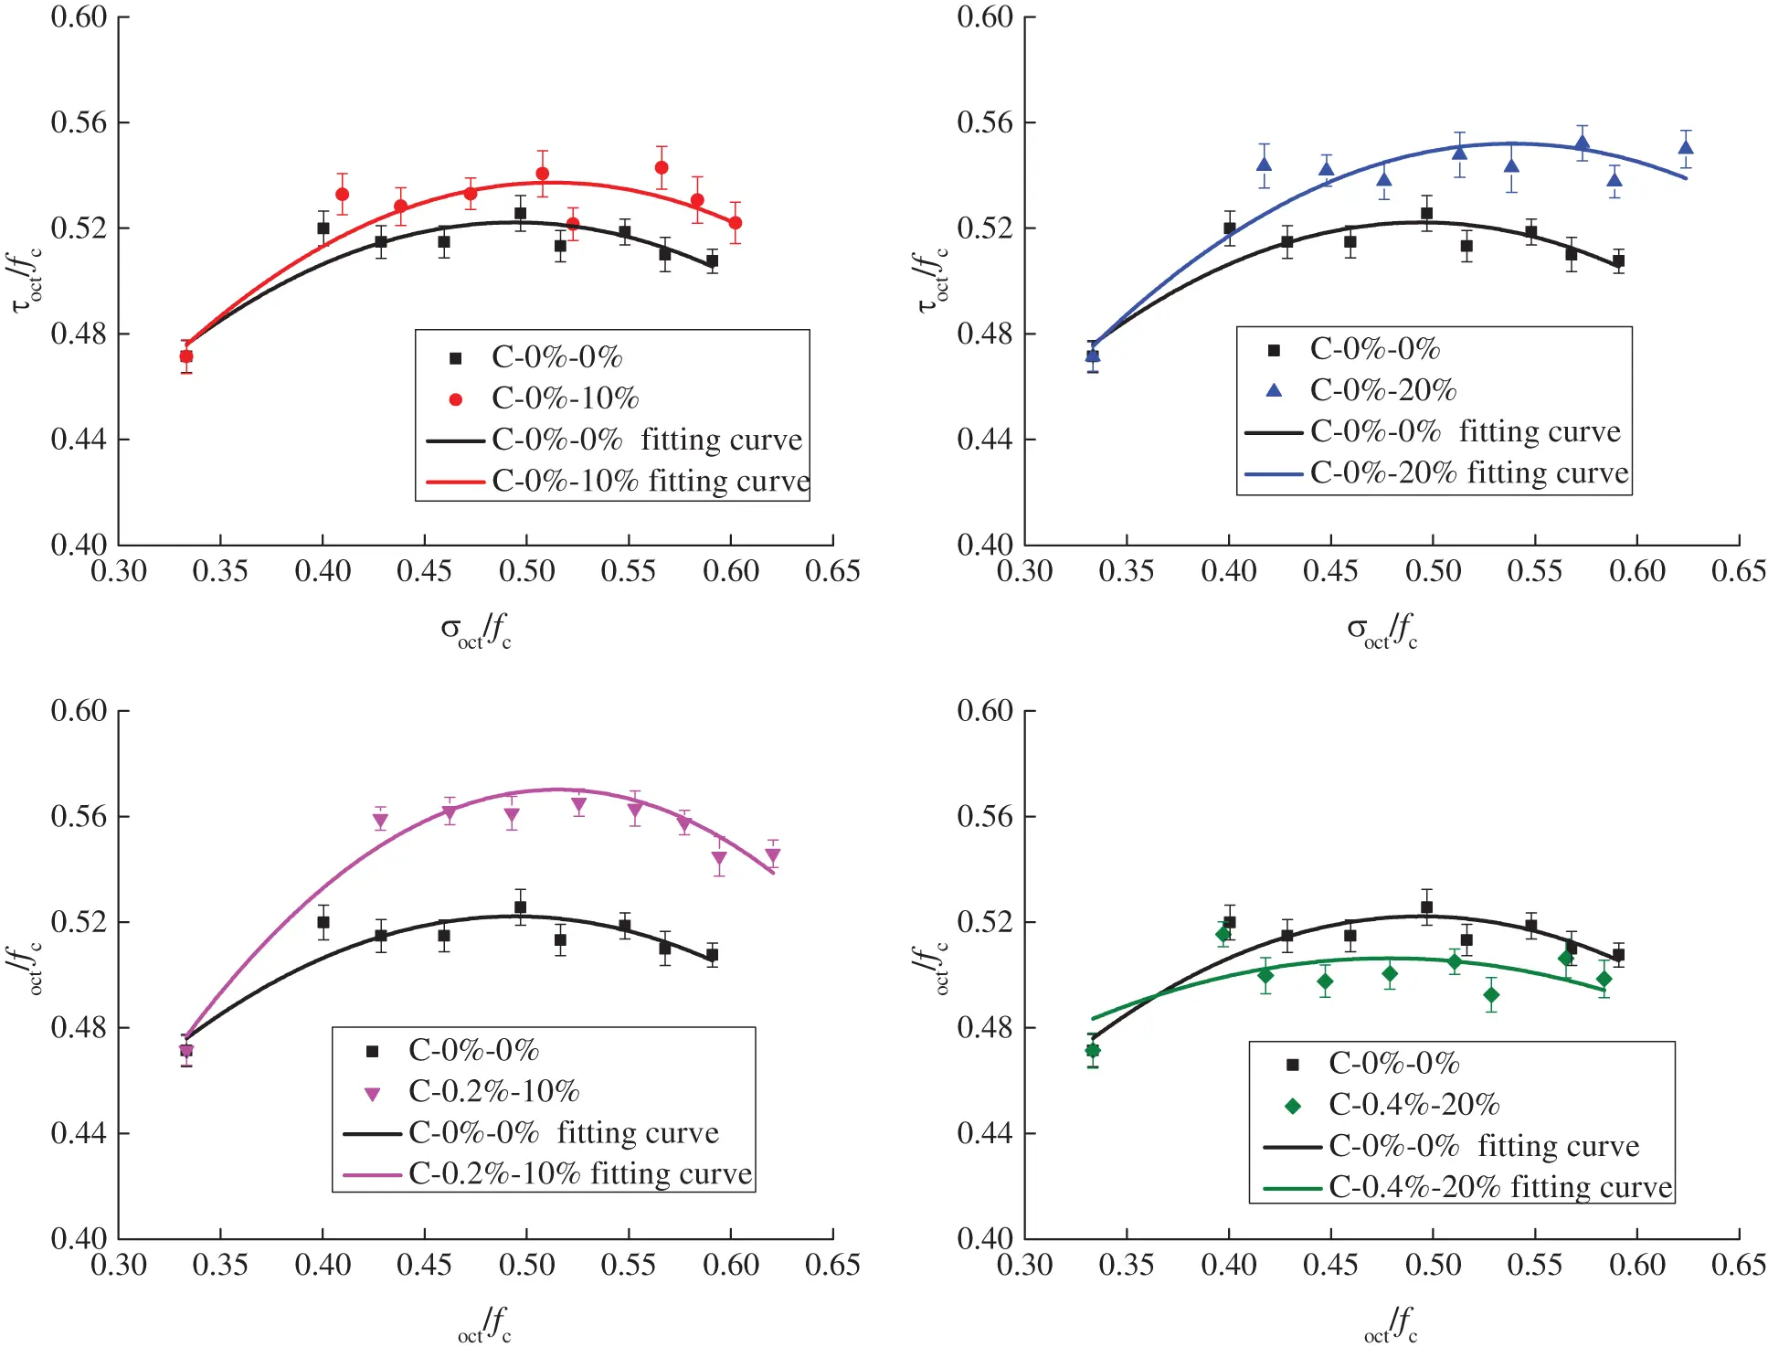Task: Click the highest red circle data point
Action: click(662, 167)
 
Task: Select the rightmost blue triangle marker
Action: click(1686, 148)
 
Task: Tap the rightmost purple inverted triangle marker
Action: click(773, 857)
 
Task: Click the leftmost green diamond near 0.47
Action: click(1093, 1051)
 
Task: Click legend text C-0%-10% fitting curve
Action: click(650, 482)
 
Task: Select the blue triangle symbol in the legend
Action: click(1274, 390)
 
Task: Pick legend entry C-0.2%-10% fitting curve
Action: click(579, 1174)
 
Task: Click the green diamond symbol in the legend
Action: click(1293, 1106)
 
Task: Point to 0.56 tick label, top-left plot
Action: click(78, 122)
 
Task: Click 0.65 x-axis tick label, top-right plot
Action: click(1738, 572)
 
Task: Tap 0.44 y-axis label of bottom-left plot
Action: click(78, 1133)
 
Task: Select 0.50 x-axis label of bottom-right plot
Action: click(1433, 1266)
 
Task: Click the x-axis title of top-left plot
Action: click(475, 629)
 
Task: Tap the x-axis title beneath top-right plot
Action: click(1382, 629)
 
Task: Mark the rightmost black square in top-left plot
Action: click(712, 261)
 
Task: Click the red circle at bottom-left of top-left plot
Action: click(186, 356)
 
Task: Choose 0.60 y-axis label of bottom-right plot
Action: click(984, 711)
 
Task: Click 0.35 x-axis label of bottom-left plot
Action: click(220, 1266)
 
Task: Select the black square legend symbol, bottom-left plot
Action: click(372, 1051)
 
